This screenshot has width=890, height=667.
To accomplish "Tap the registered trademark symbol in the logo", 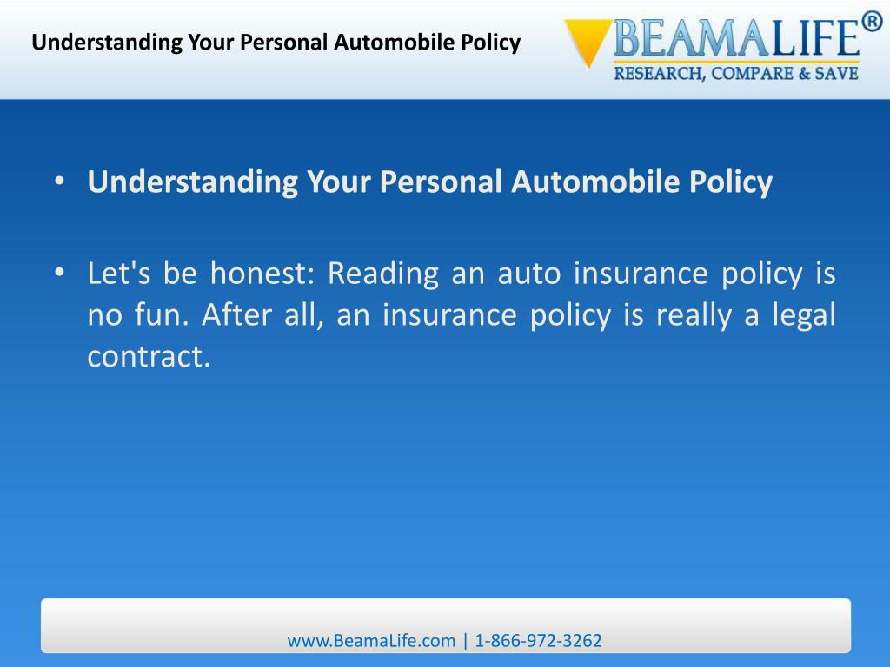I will [871, 20].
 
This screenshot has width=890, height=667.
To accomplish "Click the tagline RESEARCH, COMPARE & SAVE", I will [736, 74].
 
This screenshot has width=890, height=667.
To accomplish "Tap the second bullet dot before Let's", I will [58, 274].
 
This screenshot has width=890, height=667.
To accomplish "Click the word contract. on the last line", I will [149, 357].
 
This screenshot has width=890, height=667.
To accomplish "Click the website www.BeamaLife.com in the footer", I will [371, 641].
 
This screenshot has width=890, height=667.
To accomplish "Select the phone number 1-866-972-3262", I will [538, 641].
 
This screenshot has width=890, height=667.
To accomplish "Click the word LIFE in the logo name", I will [806, 40].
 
